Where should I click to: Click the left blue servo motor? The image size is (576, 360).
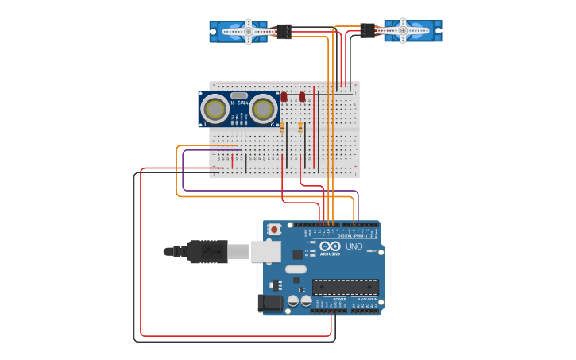tap(230, 32)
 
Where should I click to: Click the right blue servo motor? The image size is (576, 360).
tap(421, 32)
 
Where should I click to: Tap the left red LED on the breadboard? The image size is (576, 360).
tap(284, 97)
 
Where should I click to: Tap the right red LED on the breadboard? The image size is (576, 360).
tap(302, 97)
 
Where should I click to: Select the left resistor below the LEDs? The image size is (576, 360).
tap(283, 126)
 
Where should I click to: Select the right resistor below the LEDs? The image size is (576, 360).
tap(300, 126)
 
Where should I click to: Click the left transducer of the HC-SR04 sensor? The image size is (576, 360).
tap(215, 108)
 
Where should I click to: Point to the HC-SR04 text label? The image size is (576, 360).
tap(238, 103)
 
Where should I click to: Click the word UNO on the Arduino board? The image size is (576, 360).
tap(354, 246)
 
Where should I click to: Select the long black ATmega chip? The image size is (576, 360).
tap(345, 286)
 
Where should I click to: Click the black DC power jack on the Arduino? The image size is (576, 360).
tap(270, 303)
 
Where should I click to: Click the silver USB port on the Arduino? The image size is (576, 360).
tap(265, 251)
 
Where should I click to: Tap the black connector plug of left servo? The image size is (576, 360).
tap(284, 32)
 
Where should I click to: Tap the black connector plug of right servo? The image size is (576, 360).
tap(367, 30)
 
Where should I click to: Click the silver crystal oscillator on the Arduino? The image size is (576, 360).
tap(296, 269)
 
